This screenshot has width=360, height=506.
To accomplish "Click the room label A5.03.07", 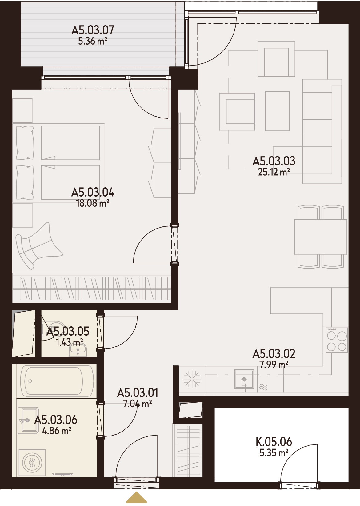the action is (x=93, y=30).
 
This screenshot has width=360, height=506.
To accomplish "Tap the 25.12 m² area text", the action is (x=274, y=172).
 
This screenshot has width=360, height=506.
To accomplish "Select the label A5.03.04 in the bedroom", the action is (x=93, y=193).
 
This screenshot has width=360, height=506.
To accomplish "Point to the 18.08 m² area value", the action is (x=93, y=204).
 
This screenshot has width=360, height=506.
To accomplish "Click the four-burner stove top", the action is (x=337, y=340).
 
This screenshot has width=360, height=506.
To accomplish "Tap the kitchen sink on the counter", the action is (x=244, y=379).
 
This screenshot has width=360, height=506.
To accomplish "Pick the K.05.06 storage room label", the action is (x=274, y=442).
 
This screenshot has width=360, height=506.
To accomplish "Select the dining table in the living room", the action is (x=320, y=237).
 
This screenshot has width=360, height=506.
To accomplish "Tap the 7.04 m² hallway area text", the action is (x=138, y=404).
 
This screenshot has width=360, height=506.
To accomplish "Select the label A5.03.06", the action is (x=56, y=420).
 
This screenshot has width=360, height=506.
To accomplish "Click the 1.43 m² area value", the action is (x=69, y=342).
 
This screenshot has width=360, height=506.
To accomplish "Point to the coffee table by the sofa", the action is (x=277, y=111).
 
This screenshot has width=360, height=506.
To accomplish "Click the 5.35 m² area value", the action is (x=274, y=453).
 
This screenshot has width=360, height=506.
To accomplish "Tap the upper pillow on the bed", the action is (x=25, y=143).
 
